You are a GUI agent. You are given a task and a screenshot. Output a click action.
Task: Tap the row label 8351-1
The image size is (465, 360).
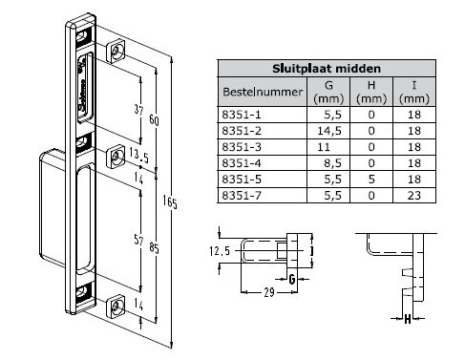(x=241, y=115)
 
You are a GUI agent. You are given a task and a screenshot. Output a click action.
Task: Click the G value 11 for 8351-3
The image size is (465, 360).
(x=322, y=146)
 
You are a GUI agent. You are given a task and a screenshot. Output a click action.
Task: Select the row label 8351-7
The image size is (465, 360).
(x=241, y=194)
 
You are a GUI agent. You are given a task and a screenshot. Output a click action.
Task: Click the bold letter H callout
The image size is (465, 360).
(x=408, y=319)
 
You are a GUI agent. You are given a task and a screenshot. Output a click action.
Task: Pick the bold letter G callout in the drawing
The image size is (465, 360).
(x=292, y=279)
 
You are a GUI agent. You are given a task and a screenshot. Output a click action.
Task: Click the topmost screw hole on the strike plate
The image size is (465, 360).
(x=116, y=51)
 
